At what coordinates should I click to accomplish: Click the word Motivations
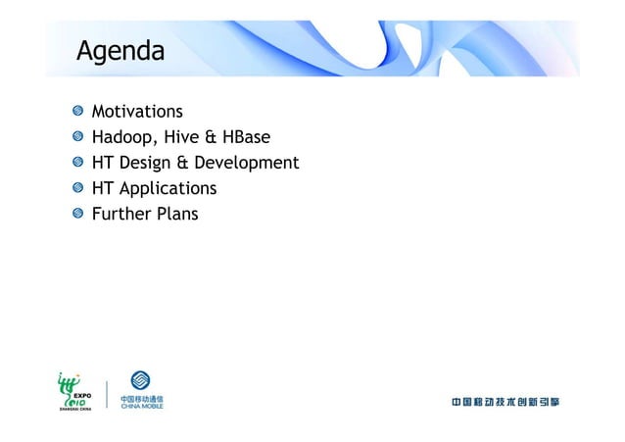point(137,112)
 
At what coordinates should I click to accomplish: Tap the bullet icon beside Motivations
point(76,112)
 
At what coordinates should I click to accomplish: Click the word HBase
point(244,137)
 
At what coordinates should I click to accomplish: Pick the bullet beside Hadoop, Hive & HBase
point(76,137)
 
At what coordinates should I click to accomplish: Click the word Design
point(146,163)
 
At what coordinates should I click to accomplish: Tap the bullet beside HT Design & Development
point(76,163)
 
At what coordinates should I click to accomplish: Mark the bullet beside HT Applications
point(76,188)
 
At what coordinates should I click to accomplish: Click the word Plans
point(177,214)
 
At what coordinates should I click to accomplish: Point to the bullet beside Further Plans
point(76,214)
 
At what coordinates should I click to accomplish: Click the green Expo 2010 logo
point(74,388)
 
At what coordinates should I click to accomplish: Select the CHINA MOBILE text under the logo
point(142,406)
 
